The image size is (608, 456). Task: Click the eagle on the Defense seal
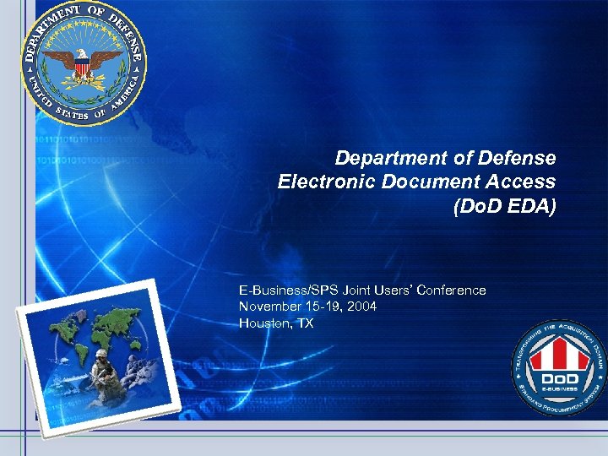83,62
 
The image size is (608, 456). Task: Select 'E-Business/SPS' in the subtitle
283,290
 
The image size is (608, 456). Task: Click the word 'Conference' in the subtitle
453,290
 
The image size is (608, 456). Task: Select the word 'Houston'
264,323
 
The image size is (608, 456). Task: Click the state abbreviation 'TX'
304,323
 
